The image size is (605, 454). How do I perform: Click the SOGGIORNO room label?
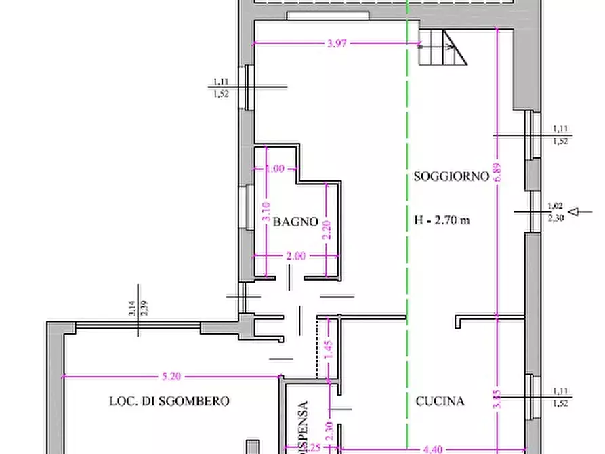coord(451,177)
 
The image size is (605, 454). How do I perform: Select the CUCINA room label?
coord(440,401)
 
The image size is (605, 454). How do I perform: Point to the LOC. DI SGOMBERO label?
coord(169,401)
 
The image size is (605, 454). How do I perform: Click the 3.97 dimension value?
coord(337,44)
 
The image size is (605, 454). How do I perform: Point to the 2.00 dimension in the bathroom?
coord(296,256)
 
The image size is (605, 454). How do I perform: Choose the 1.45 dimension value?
coord(328,350)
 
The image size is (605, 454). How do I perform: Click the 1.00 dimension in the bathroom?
coord(275,169)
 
